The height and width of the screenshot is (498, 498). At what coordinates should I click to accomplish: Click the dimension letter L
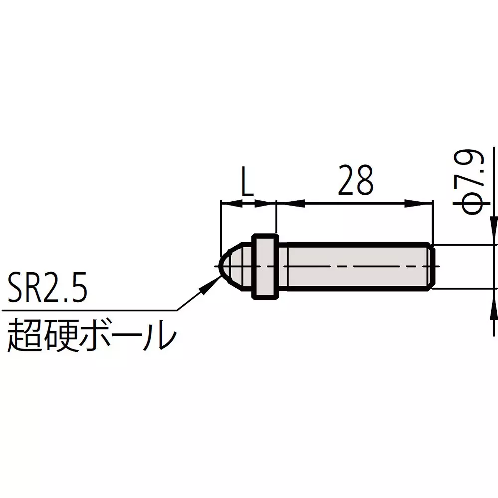[247, 184]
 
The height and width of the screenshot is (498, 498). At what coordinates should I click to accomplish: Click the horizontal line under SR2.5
[90, 310]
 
